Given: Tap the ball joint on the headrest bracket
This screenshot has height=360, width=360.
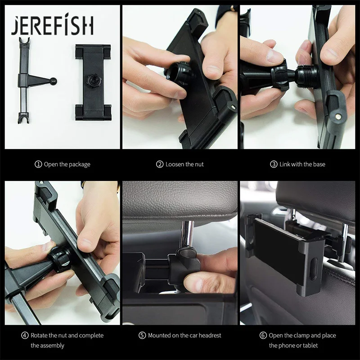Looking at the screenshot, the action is (54, 81).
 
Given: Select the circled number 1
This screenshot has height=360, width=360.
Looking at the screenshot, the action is (38, 164).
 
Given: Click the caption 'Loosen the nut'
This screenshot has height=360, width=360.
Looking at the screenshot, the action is (184, 164).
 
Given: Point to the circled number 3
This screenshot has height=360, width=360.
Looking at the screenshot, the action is (274, 164).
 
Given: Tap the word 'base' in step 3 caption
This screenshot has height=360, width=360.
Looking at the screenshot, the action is (319, 164).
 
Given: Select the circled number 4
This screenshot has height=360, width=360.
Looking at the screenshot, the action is (25, 335).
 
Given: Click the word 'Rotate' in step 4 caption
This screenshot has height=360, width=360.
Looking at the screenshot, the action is (39, 335).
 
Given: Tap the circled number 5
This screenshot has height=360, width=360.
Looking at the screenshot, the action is (142, 335).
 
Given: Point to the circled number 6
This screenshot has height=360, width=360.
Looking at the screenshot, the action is (263, 335).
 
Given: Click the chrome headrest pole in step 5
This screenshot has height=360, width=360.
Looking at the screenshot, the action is (187, 234).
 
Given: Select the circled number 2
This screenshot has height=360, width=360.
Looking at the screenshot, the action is (160, 164).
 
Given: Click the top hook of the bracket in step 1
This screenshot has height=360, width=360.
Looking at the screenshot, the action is (24, 40).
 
